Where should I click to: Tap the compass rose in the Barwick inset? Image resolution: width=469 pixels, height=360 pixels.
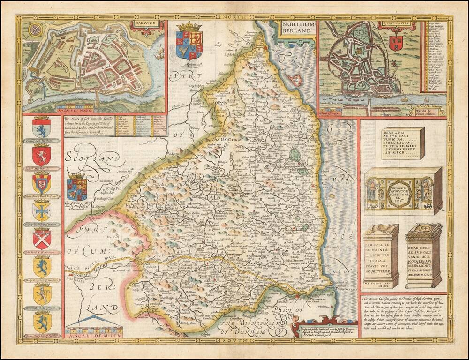[x=35, y=30]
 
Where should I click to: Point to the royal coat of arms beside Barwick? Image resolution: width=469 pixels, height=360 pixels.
[x=189, y=42]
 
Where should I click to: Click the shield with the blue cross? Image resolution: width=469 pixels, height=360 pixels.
[x=42, y=210]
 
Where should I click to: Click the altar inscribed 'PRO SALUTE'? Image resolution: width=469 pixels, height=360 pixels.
[x=380, y=256]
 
